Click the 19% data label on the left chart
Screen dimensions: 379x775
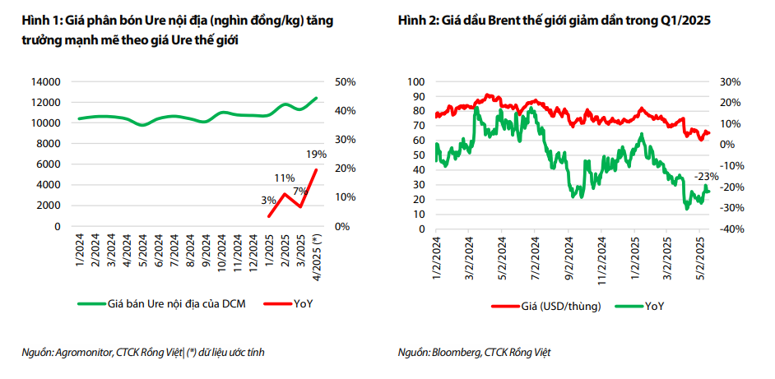(x=316, y=154)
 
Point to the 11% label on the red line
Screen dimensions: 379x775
(x=285, y=178)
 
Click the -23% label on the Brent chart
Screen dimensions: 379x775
(x=707, y=176)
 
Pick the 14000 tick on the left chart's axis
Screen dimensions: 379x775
(x=45, y=81)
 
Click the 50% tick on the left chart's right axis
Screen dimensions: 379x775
(x=344, y=81)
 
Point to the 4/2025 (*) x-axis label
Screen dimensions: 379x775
(x=316, y=252)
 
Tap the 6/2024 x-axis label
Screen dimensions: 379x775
(x=166, y=248)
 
